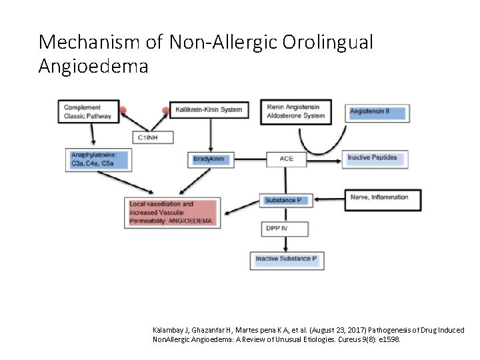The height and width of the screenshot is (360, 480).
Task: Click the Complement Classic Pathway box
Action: click(x=89, y=111)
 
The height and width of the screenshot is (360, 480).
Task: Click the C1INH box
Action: click(x=153, y=137)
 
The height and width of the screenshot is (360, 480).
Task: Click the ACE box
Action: click(x=286, y=159)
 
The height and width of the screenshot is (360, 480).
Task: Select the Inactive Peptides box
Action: click(x=376, y=159)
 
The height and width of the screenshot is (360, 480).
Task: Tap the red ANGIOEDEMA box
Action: click(x=170, y=212)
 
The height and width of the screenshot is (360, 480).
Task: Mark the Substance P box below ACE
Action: click(x=283, y=200)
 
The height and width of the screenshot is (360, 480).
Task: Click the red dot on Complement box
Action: click(x=122, y=109)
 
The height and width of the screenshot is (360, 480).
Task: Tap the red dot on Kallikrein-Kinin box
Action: click(x=166, y=110)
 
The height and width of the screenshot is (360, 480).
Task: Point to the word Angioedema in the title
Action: click(x=93, y=67)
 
